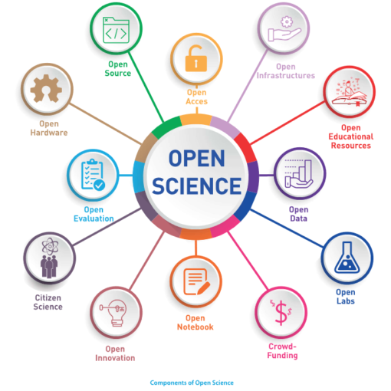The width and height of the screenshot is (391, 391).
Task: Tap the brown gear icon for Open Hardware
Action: click(46, 88)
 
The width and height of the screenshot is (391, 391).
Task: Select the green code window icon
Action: click(116, 30)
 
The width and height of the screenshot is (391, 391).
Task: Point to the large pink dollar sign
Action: click(281, 313)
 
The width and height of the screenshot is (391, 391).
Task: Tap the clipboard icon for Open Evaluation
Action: click(93, 175)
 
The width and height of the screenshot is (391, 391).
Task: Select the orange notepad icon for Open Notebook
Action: click(196, 281)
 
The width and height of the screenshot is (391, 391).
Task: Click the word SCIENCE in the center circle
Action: click(196, 186)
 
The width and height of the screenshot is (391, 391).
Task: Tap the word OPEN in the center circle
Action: click(196, 159)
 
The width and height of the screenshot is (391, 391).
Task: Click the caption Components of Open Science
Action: click(192, 383)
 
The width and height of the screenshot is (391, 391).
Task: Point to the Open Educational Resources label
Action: click(351, 136)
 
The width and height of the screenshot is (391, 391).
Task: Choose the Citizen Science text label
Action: click(48, 302)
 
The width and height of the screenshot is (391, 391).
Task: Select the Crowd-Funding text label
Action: click(282, 351)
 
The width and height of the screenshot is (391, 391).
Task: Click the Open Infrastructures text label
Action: click(286, 71)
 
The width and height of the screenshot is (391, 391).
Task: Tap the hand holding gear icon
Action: click(284, 28)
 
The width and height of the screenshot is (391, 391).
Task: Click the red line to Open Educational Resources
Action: click(287, 123)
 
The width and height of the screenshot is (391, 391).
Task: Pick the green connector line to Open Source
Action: click(146, 87)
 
